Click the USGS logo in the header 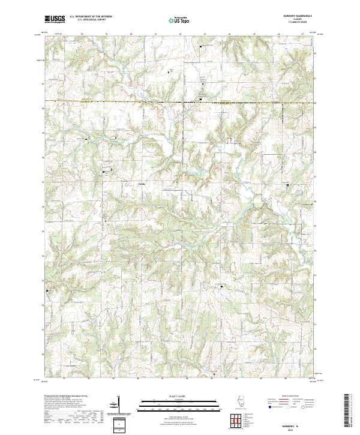[x=55, y=19]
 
